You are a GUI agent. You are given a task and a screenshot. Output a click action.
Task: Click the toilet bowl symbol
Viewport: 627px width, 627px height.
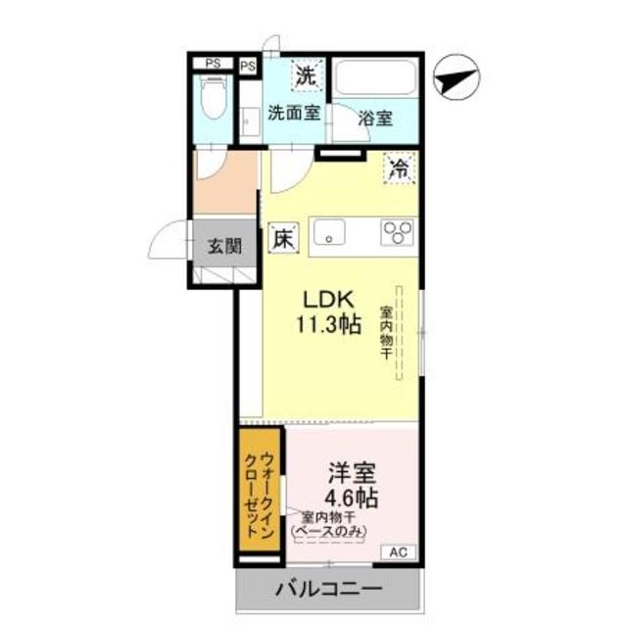click(214, 98)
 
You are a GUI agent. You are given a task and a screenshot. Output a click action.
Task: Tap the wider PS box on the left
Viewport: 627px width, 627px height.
click(213, 63)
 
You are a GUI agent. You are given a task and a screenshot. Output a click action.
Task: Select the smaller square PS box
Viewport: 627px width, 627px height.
click(248, 66)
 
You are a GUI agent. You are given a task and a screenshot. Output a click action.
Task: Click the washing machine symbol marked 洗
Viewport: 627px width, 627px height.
click(307, 75)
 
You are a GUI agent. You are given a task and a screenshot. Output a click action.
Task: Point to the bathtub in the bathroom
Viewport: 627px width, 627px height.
click(375, 77)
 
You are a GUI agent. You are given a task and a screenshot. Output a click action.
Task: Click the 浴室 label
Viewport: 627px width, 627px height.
click(375, 118)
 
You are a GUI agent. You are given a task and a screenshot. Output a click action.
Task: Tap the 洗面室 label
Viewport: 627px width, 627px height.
click(294, 114)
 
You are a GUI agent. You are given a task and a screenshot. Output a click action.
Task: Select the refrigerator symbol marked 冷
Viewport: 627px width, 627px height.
click(401, 168)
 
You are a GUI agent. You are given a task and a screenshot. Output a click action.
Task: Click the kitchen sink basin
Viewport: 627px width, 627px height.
click(329, 232)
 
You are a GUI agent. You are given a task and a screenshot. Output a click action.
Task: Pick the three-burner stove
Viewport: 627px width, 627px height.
click(398, 232)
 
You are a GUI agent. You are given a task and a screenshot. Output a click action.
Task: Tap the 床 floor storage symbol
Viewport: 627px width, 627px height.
click(283, 238)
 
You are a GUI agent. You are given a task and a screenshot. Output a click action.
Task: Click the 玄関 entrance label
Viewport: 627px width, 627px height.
click(225, 246)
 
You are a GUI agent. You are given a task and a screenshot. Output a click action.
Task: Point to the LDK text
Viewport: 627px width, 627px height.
click(329, 300)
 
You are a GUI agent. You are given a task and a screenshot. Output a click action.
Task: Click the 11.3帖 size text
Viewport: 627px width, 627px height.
click(329, 324)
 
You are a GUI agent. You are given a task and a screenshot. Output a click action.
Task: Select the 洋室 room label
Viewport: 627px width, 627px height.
click(352, 473)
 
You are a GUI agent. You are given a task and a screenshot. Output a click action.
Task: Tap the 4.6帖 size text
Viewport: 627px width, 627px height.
click(352, 498)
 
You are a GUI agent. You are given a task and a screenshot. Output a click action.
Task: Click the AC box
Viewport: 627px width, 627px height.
click(399, 553)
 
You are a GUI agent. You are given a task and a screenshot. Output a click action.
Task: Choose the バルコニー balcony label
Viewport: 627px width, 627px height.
click(329, 589)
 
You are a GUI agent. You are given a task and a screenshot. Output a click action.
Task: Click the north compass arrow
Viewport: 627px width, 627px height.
click(457, 79)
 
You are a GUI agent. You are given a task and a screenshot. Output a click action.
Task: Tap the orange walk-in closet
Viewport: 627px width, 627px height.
click(259, 490)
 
